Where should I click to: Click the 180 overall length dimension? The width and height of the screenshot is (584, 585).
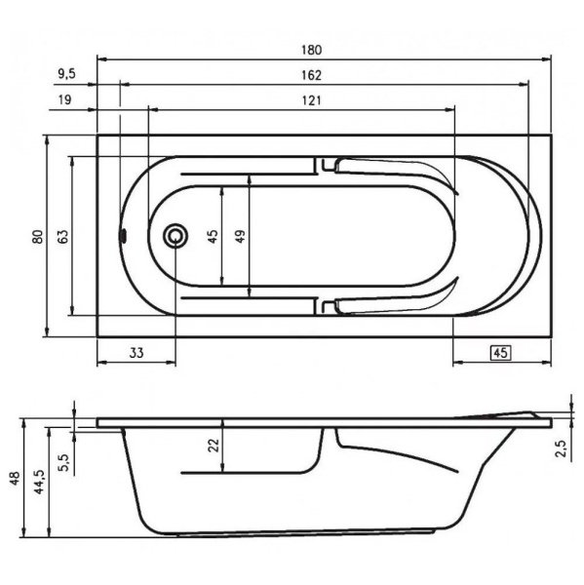coord(312,50)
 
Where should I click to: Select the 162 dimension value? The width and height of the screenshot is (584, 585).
coord(312,75)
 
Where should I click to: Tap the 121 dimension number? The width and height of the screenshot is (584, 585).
coord(312,100)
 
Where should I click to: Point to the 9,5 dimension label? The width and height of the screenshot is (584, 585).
coord(67,74)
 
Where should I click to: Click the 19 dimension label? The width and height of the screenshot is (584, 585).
coord(64,99)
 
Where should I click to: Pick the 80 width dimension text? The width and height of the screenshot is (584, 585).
coord(38,237)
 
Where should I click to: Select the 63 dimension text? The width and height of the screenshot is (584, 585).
coord(63,237)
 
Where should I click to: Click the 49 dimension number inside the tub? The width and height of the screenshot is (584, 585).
coord(241,237)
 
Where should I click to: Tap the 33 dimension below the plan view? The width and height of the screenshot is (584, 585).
coord(136,353)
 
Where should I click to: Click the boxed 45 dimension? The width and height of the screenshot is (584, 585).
coord(500,353)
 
